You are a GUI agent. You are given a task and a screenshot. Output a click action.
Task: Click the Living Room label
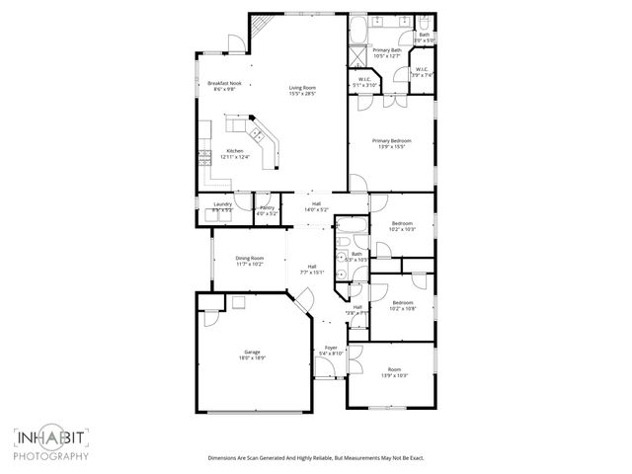[x=302, y=90]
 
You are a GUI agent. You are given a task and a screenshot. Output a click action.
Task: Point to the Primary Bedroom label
[x=391, y=144]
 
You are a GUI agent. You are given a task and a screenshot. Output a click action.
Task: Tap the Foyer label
[x=331, y=350]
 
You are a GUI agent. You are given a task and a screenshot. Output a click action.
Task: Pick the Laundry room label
[x=222, y=206]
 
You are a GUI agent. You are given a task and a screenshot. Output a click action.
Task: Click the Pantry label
[x=267, y=206]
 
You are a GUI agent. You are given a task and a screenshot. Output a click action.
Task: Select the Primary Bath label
[x=386, y=52]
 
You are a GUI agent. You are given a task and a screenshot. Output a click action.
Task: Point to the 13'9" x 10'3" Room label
[x=394, y=371]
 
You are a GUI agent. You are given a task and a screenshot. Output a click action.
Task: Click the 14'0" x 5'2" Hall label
[x=315, y=206]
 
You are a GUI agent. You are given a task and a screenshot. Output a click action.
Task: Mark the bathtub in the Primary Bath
[x=358, y=27]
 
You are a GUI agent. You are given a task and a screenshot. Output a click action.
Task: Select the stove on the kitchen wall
[x=204, y=155]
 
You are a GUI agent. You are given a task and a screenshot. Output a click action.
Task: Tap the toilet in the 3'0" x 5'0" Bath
[x=419, y=24]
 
